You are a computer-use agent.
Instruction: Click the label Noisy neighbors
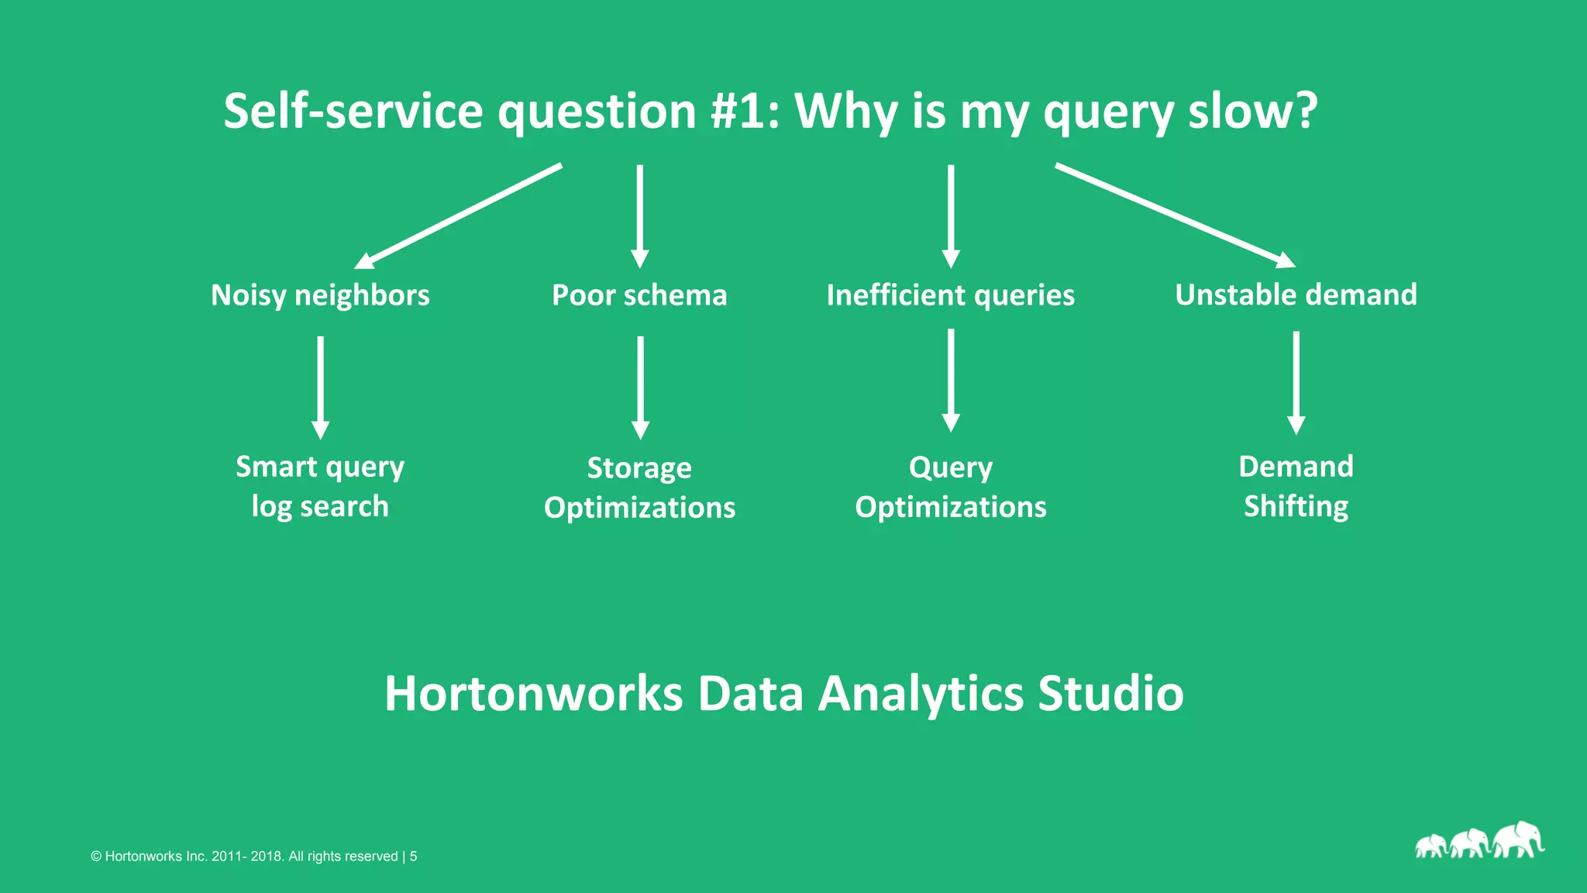pyautogui.click(x=320, y=295)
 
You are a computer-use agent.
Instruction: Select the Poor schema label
pyautogui.click(x=639, y=295)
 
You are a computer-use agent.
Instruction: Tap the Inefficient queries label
pyautogui.click(x=950, y=295)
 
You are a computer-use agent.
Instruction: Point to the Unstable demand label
pyautogui.click(x=1296, y=295)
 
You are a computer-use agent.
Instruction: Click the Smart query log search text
pyautogui.click(x=320, y=486)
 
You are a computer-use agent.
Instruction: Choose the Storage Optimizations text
pyautogui.click(x=639, y=488)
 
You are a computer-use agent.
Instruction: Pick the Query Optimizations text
pyautogui.click(x=950, y=487)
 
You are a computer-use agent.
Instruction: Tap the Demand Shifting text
pyautogui.click(x=1296, y=486)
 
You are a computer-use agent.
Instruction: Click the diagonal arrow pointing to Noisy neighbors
pyautogui.click(x=457, y=216)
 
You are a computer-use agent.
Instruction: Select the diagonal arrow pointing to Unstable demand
pyautogui.click(x=1174, y=215)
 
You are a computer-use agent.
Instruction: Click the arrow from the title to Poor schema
pyautogui.click(x=639, y=215)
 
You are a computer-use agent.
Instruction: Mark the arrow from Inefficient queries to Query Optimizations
pyautogui.click(x=951, y=380)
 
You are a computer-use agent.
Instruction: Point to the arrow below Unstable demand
pyautogui.click(x=1296, y=382)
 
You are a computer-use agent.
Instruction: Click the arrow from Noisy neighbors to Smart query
pyautogui.click(x=320, y=387)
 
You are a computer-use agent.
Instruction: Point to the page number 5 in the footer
pyautogui.click(x=414, y=857)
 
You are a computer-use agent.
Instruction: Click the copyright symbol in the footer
pyautogui.click(x=96, y=857)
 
